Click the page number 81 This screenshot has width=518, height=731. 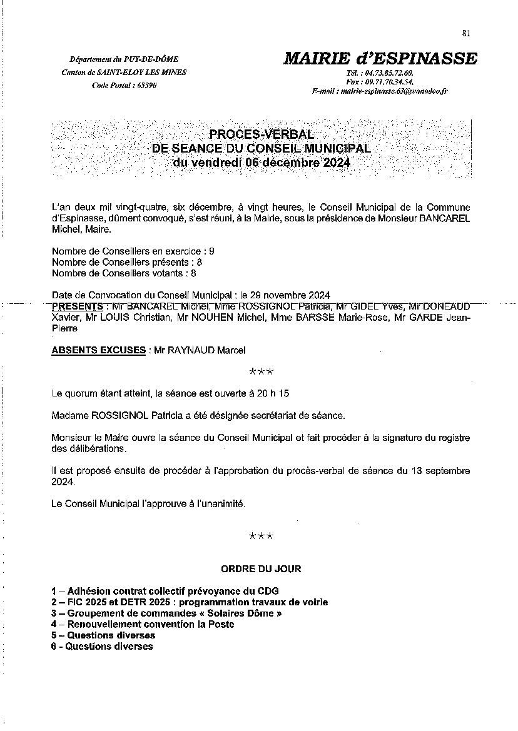466,34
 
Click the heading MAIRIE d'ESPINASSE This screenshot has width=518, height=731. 380,59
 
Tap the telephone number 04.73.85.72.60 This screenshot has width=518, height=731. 388,73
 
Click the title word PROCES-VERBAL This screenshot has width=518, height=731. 263,134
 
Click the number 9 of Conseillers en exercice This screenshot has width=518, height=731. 211,250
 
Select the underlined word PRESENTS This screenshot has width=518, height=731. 78,306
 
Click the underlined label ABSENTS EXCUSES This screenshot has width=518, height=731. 98,350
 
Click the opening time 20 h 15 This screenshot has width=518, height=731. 276,394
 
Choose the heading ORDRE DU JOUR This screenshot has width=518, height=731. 261,569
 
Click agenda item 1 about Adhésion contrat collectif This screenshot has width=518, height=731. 165,591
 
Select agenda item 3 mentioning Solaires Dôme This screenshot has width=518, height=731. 166,613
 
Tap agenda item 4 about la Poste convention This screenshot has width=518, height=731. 143,624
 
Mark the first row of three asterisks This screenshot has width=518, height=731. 261,372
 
